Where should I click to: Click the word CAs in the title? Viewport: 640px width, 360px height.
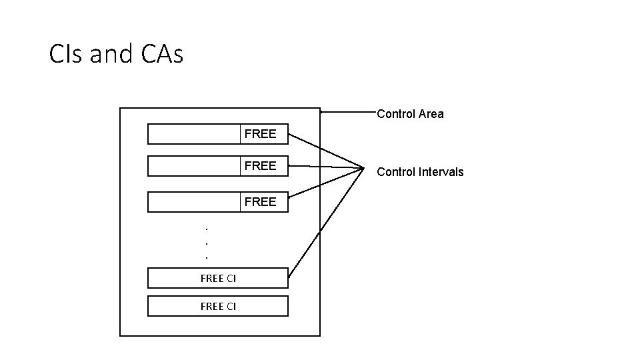pyautogui.click(x=161, y=54)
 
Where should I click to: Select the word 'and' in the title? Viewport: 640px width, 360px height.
pyautogui.click(x=111, y=54)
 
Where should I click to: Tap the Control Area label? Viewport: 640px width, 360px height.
pyautogui.click(x=410, y=114)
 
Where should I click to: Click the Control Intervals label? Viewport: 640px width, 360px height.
pyautogui.click(x=420, y=172)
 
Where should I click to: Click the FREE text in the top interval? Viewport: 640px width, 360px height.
pyautogui.click(x=260, y=134)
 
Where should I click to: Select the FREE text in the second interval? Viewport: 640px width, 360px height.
pyautogui.click(x=260, y=166)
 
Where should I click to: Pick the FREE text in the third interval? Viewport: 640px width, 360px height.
pyautogui.click(x=260, y=202)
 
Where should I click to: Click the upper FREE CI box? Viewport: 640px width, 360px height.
pyautogui.click(x=217, y=278)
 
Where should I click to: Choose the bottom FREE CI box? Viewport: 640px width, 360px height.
pyautogui.click(x=217, y=306)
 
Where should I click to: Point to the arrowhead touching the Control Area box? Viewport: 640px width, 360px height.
pyautogui.click(x=323, y=112)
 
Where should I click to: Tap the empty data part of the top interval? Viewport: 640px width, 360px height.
pyautogui.click(x=193, y=134)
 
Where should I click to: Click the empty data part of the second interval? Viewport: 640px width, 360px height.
pyautogui.click(x=193, y=166)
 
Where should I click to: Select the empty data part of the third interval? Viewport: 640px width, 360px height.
pyautogui.click(x=193, y=202)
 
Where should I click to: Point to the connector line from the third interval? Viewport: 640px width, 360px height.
pyautogui.click(x=325, y=182)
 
